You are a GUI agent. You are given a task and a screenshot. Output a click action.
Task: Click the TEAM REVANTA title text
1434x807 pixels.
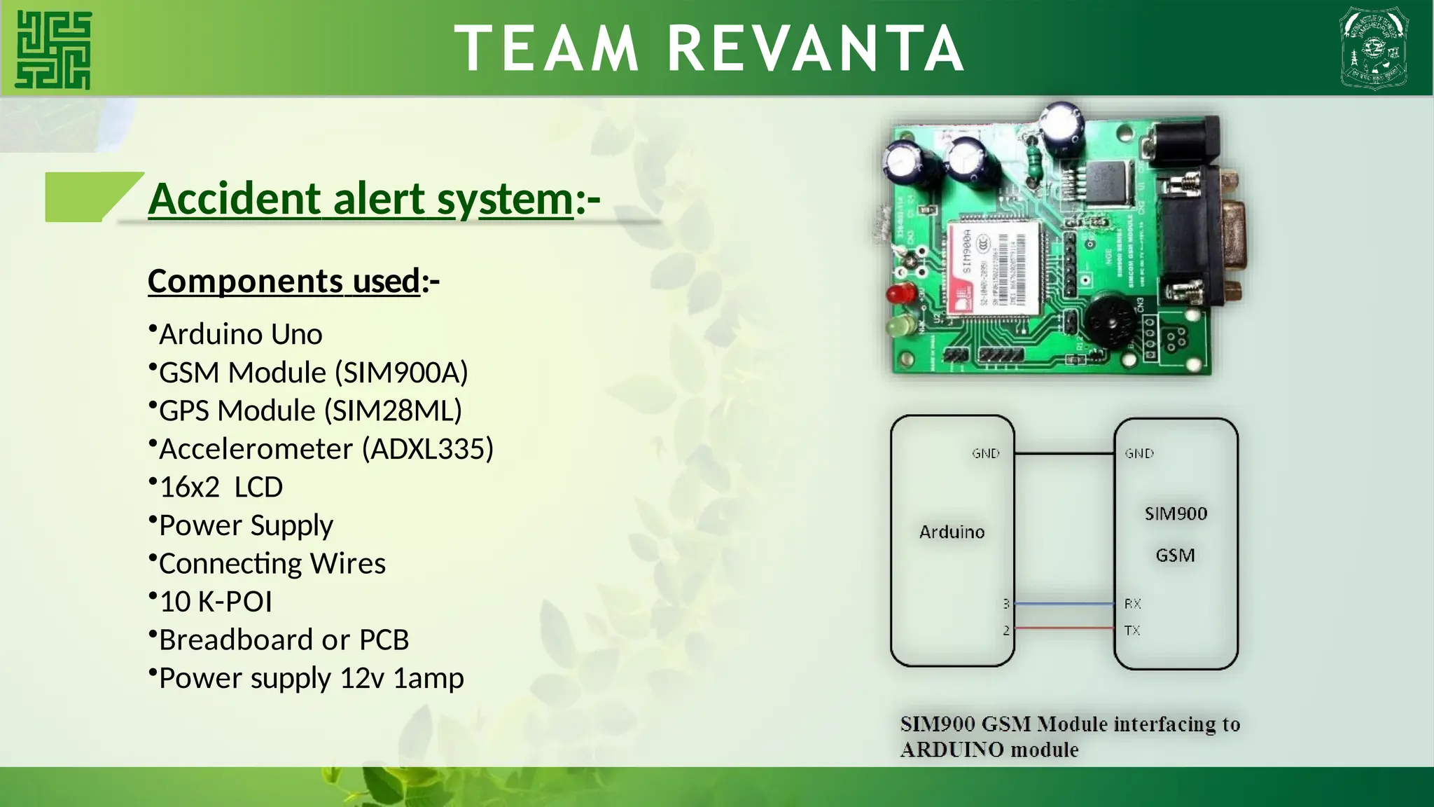tap(709, 48)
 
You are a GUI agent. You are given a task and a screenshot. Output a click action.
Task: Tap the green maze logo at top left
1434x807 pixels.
tap(54, 50)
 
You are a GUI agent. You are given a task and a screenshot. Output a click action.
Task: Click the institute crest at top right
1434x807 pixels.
tap(1374, 48)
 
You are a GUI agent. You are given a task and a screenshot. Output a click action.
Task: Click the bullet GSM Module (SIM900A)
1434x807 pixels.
tap(313, 373)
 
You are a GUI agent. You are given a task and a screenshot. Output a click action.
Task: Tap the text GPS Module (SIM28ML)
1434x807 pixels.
tap(310, 411)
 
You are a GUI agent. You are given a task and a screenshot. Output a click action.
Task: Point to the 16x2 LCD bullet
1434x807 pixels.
tap(221, 488)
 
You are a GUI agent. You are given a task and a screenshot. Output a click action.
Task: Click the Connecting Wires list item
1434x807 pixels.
tap(272, 564)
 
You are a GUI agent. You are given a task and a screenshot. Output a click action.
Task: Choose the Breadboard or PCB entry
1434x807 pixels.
tap(284, 640)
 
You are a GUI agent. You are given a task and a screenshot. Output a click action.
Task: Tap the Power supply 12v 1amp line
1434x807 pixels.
tap(311, 679)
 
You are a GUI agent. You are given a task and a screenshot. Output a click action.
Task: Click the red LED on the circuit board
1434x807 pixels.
tap(900, 294)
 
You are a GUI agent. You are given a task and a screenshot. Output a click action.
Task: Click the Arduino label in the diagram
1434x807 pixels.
tap(952, 532)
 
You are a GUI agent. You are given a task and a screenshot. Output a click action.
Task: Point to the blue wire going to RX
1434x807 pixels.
tap(1064, 603)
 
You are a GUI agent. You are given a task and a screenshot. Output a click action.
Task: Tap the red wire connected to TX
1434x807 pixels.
tap(1064, 628)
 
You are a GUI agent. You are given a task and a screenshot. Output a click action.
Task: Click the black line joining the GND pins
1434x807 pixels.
tap(1064, 454)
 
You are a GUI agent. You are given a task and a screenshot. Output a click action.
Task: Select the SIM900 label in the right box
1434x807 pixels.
tap(1176, 514)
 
